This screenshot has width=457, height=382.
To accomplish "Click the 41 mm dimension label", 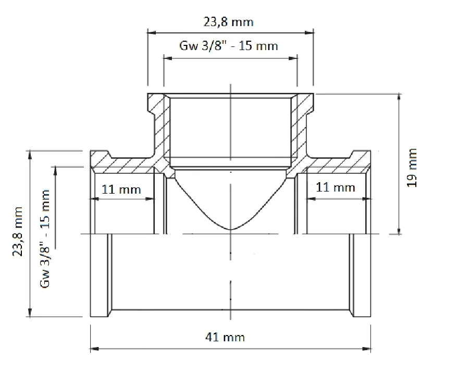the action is [x=225, y=337].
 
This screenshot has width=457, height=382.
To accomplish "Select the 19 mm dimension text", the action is [x=412, y=168].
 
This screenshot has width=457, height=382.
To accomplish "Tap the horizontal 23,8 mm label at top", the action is [x=228, y=22].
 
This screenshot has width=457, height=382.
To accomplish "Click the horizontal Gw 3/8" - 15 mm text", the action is [x=228, y=46].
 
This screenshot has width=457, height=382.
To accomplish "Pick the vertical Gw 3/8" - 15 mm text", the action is [x=45, y=239].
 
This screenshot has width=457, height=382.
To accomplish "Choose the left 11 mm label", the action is [x=121, y=189].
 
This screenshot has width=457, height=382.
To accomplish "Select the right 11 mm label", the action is [x=336, y=187].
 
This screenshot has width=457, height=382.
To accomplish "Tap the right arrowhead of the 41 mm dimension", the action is [x=367, y=349].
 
